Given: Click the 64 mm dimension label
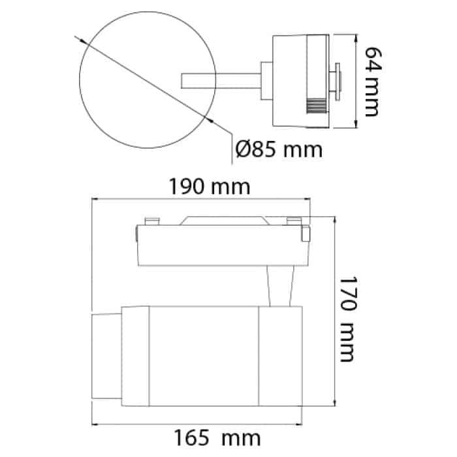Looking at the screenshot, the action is (x=373, y=82).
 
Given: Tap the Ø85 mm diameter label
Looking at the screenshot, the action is (x=279, y=150).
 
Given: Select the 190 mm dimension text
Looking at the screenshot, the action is (x=210, y=187).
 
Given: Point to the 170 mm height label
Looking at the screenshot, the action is (x=348, y=319).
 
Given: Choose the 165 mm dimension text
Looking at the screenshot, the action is (x=217, y=437).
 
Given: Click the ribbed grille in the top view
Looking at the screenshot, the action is (x=316, y=105).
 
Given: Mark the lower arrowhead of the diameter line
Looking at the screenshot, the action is (x=210, y=119).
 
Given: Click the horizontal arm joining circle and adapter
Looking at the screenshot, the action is (x=221, y=81).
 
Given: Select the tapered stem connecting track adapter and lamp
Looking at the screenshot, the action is (x=280, y=286).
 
